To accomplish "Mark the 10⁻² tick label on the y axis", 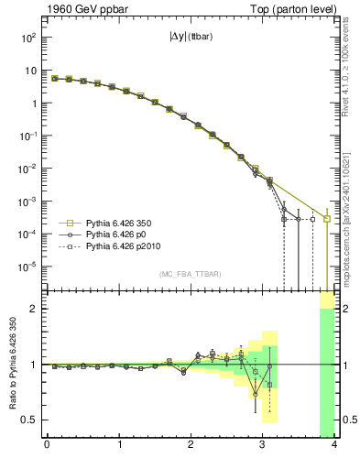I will click(28, 169).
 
